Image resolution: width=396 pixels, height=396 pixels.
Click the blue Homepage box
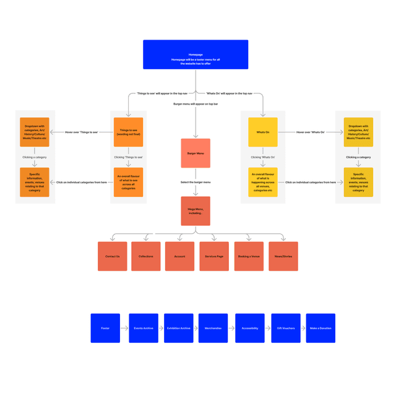(196, 54)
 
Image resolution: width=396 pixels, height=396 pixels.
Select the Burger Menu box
(196, 153)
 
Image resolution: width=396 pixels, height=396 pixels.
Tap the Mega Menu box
(196, 211)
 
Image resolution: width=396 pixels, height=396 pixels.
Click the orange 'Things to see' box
(129, 132)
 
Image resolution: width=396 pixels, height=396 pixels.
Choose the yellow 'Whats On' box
(263, 132)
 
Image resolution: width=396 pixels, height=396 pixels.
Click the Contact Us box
(113, 256)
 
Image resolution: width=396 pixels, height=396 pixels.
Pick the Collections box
(146, 256)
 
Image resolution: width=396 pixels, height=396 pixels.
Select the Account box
(179, 256)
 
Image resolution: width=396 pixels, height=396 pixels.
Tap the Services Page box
(214, 256)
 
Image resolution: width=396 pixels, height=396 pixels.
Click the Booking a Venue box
(249, 256)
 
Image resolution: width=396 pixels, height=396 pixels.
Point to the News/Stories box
(283, 256)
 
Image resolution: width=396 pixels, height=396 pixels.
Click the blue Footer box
(105, 328)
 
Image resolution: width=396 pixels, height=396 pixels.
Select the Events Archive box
(144, 328)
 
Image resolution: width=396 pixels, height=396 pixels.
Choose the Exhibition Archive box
(178, 328)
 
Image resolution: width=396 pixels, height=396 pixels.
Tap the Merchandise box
(213, 328)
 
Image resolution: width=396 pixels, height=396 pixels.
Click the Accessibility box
(250, 328)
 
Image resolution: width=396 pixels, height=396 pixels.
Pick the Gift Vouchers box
(286, 328)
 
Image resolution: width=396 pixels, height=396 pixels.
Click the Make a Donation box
(321, 328)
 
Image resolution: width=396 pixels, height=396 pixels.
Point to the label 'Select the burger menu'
(196, 183)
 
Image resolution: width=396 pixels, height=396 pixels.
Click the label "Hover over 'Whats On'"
(311, 132)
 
